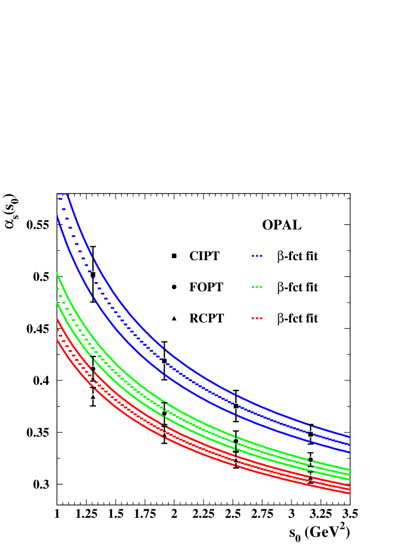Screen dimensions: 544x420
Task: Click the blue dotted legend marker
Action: point(257,256)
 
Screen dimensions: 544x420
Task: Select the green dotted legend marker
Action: point(257,286)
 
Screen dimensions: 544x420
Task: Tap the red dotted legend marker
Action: point(257,318)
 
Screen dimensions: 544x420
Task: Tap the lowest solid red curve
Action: point(198,451)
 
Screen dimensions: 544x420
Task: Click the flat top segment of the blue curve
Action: point(62,194)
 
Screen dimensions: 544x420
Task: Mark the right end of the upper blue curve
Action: point(350,437)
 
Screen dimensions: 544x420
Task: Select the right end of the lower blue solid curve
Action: point(350,452)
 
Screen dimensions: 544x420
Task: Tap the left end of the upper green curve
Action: point(58,273)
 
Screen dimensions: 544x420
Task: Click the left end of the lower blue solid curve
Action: point(58,215)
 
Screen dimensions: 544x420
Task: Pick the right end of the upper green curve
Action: point(350,469)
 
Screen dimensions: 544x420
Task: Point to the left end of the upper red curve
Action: point(58,319)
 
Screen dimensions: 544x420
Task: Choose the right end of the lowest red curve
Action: point(350,493)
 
